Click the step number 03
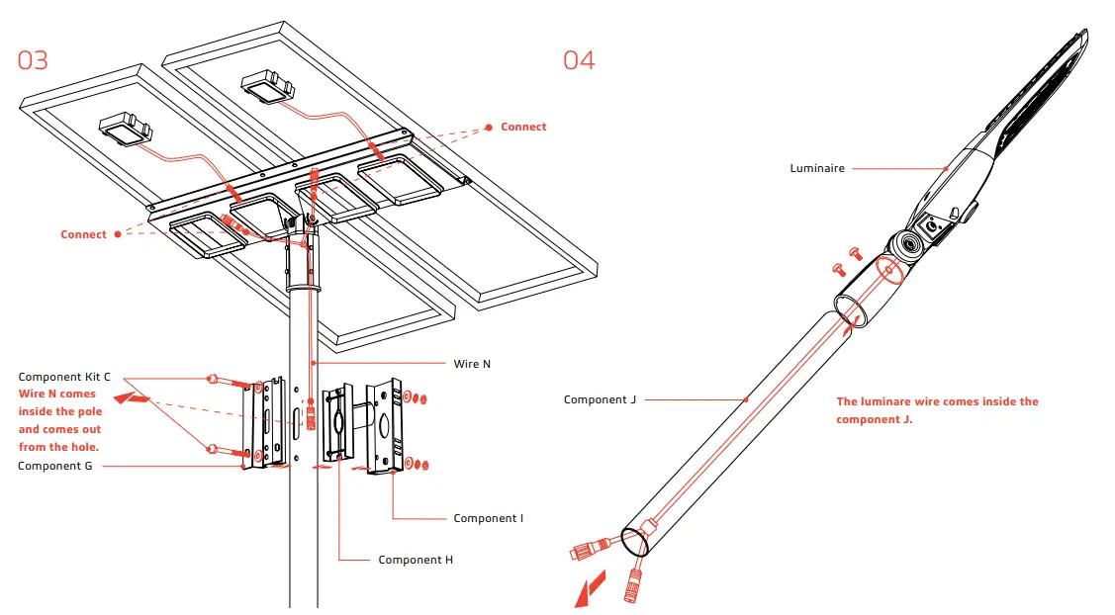click(33, 60)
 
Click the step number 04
click(579, 60)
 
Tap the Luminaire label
click(816, 169)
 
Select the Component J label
click(600, 400)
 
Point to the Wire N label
click(472, 364)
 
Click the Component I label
click(488, 518)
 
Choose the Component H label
click(416, 560)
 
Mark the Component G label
click(55, 466)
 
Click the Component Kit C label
click(64, 378)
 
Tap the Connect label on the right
click(523, 127)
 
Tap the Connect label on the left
click(83, 234)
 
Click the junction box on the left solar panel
click(124, 129)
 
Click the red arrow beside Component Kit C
click(133, 398)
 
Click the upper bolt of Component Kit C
click(214, 380)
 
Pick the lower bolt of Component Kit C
click(214, 450)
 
